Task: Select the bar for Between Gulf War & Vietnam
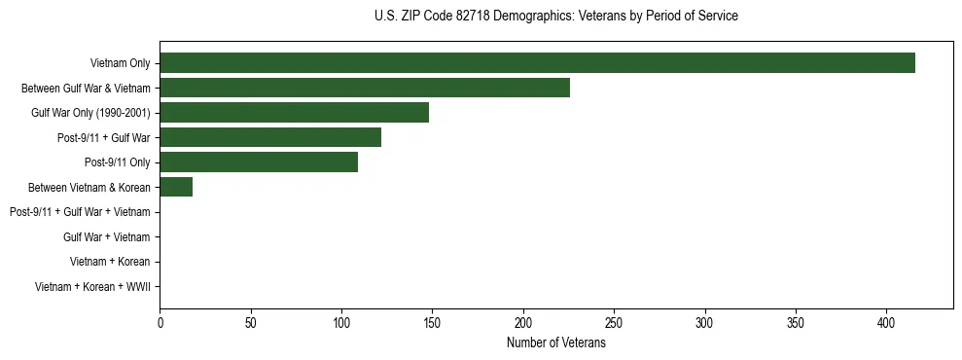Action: point(365,89)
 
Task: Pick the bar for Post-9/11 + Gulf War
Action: point(270,137)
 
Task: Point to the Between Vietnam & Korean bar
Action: point(176,187)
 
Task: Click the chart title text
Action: point(555,17)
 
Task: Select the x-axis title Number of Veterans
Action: point(555,343)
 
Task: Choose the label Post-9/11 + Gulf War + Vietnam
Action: point(80,212)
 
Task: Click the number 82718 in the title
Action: point(478,17)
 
